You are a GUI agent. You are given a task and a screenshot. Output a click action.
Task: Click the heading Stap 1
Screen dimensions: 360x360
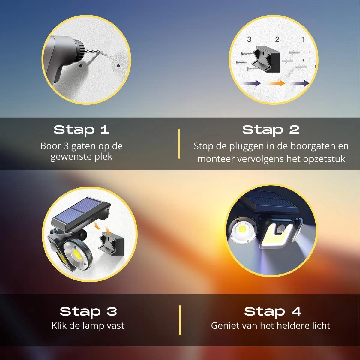click(81, 130)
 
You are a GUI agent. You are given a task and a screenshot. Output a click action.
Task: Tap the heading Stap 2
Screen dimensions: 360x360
click(271, 130)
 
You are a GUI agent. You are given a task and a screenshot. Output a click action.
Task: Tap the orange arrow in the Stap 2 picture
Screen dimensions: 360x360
click(277, 83)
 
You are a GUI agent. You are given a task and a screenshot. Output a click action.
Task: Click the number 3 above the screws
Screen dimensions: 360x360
click(249, 39)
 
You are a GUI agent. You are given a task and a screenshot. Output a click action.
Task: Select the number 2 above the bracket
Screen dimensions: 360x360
click(277, 39)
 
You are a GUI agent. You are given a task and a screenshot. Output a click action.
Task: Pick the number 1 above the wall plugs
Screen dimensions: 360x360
click(303, 39)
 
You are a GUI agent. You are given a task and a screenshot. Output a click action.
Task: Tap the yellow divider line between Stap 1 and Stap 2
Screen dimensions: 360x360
click(179, 144)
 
